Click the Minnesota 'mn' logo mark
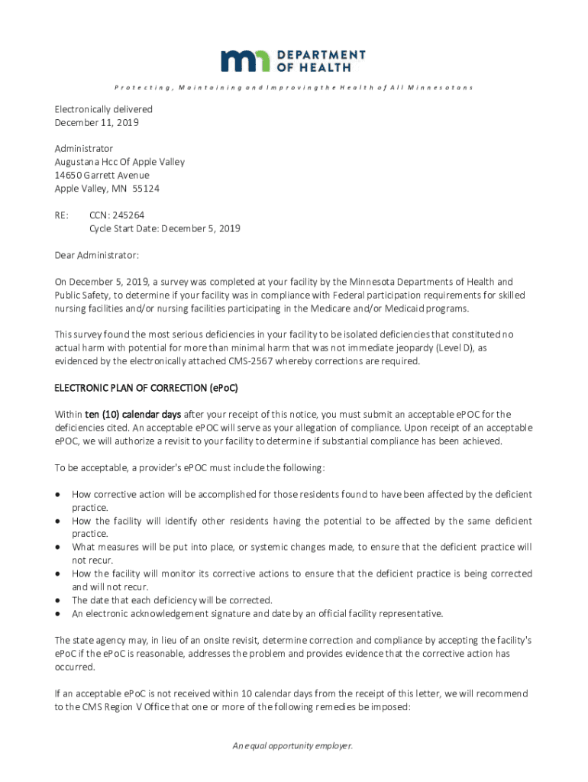point(246,61)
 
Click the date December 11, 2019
point(96,122)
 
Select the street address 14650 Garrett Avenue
point(102,175)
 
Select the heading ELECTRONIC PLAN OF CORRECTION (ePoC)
point(146,388)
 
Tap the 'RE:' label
point(62,215)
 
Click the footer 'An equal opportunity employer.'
point(293,746)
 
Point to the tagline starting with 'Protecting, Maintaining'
point(293,88)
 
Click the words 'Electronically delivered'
point(103,109)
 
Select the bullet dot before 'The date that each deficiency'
point(57,600)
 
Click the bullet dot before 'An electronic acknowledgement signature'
point(57,613)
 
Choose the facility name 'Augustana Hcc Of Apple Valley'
point(119,162)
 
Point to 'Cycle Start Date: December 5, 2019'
point(165,228)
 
